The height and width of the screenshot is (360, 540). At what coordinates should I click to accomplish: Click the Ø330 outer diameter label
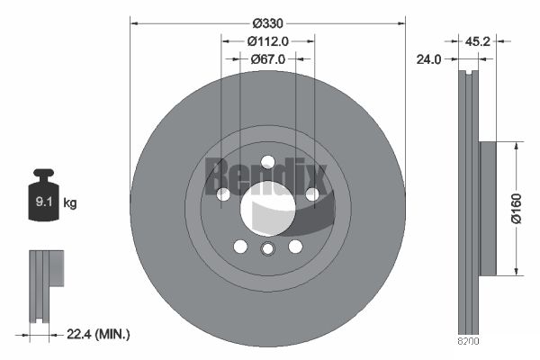point(267,22)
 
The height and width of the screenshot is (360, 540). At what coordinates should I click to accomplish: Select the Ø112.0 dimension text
point(267,40)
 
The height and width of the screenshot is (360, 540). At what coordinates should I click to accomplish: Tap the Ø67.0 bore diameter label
point(267,59)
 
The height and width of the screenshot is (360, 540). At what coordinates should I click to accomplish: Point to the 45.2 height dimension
point(479,40)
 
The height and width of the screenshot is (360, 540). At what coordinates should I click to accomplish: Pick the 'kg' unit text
point(70,203)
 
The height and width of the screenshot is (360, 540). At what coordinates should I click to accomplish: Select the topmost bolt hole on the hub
point(267,162)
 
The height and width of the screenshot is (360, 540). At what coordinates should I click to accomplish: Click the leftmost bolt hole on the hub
point(223,193)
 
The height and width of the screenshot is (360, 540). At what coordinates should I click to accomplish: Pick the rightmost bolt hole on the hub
point(311,193)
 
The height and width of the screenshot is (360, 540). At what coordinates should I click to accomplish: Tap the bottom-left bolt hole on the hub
point(240,247)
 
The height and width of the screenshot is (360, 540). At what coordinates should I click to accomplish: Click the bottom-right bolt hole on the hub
point(294,247)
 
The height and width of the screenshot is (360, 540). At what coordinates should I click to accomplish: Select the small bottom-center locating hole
point(267,250)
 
